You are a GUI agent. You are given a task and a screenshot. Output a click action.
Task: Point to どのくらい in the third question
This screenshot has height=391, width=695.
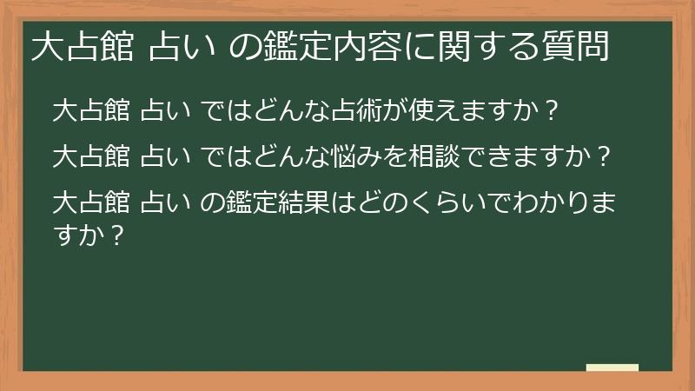pos(399,204)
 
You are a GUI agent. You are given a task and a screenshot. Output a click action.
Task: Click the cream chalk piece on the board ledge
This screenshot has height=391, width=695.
pos(612,368)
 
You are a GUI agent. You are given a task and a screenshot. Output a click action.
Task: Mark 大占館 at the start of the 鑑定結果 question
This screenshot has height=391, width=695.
pos(91,204)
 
